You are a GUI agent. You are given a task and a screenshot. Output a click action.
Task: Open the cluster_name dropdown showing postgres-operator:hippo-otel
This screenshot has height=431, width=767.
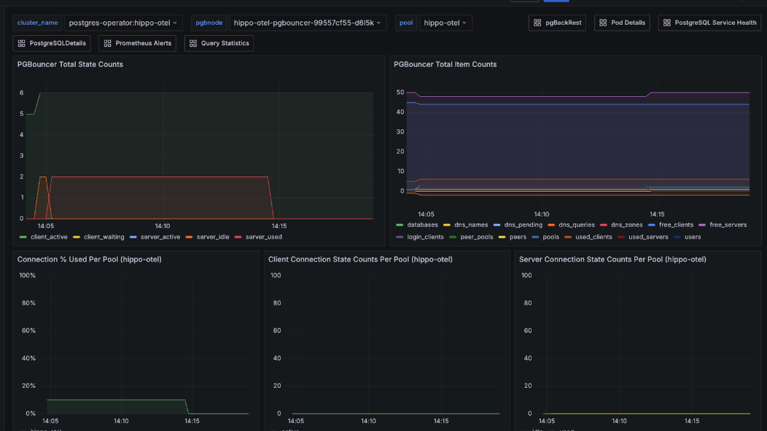[123, 23]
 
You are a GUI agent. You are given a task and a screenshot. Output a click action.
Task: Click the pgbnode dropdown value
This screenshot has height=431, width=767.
[308, 23]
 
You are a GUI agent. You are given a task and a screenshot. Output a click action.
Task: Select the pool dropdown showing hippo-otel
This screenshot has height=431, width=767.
[445, 23]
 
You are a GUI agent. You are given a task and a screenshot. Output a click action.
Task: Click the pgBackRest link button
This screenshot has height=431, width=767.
[558, 23]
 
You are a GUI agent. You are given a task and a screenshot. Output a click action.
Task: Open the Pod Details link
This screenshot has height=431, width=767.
[622, 23]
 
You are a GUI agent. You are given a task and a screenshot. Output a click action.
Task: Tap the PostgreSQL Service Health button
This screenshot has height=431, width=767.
[710, 23]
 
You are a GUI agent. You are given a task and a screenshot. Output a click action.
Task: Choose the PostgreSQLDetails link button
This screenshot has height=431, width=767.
[52, 43]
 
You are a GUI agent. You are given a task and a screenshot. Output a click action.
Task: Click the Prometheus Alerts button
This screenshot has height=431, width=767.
[138, 43]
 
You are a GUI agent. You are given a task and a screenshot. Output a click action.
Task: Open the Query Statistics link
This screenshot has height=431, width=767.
[219, 43]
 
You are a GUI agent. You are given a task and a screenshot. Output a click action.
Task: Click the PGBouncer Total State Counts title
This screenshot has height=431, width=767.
[70, 64]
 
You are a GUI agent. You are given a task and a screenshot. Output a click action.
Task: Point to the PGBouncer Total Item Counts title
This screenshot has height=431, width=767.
[445, 64]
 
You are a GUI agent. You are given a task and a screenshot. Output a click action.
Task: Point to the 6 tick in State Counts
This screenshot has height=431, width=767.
[22, 93]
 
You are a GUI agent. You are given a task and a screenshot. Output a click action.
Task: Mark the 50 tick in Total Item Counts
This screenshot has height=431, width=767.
[400, 92]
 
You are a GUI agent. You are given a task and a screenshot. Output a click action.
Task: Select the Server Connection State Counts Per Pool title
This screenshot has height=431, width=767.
[612, 259]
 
